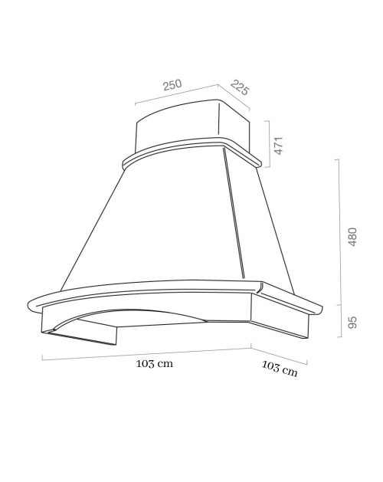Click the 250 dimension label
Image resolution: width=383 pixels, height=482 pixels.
coord(172,85)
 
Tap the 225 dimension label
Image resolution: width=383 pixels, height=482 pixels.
coord(240,87)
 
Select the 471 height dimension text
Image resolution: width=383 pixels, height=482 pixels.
coord(279,146)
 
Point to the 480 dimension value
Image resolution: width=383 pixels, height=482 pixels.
coord(352,237)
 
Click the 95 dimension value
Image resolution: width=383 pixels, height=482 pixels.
coord(352,322)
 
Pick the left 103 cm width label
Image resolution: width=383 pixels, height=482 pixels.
coord(155,364)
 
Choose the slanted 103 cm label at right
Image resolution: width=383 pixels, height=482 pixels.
coord(280,369)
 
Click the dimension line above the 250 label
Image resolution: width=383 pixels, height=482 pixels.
coord(176,94)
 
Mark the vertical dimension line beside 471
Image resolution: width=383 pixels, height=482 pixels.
coord(270,144)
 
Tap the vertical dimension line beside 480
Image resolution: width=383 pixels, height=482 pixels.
coord(339,232)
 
